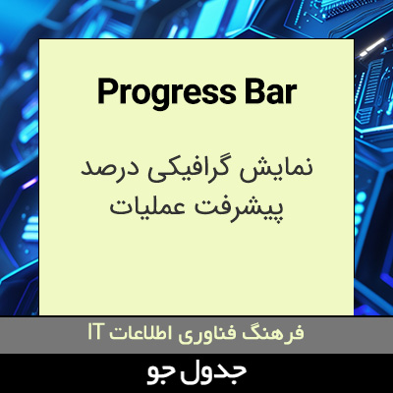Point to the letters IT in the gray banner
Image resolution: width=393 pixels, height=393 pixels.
coord(96,333)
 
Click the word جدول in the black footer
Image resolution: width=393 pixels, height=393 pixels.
coord(218,372)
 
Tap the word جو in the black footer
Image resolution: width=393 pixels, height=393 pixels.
coord(162,373)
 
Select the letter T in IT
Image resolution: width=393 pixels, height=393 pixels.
coord(100,333)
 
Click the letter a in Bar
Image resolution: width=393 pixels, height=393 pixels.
coord(272,94)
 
